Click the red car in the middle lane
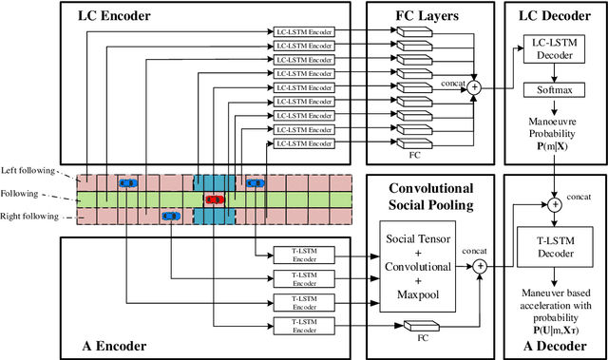[x=215, y=199]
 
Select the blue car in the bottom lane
[x=171, y=216]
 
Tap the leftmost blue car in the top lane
[x=126, y=182]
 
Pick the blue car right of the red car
[x=255, y=182]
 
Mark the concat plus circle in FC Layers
[x=474, y=87]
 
